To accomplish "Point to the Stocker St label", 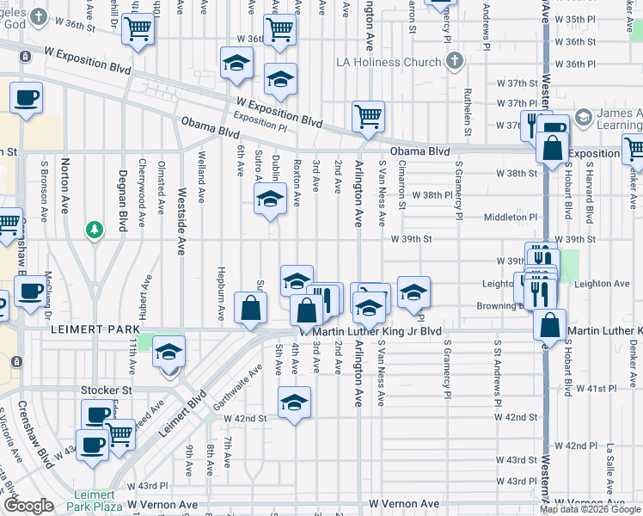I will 105,390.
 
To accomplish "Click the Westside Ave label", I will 181,224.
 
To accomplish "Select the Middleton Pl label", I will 510,218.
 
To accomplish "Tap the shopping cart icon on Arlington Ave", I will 368,116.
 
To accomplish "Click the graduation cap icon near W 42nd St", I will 293,401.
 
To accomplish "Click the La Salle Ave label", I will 609,470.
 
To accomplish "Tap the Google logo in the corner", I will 28,506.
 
